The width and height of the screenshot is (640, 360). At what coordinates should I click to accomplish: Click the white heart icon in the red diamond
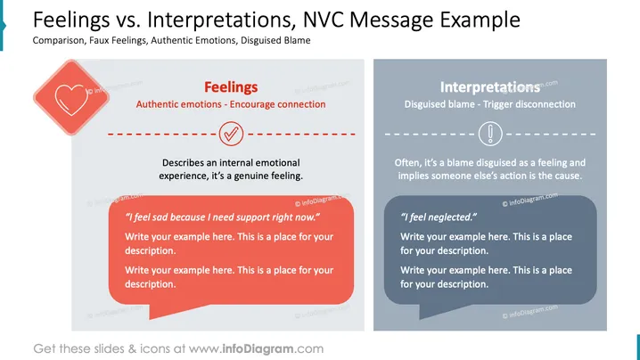(71, 100)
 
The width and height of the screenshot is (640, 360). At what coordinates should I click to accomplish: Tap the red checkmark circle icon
(231, 134)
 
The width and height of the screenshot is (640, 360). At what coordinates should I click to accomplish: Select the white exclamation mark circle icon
(490, 134)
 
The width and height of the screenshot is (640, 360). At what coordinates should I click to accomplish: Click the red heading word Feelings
(231, 87)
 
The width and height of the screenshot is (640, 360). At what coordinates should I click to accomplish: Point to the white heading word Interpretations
(489, 87)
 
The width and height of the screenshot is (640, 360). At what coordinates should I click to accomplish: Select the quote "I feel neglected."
(439, 217)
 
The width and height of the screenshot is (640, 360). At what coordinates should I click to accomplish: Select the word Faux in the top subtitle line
(99, 40)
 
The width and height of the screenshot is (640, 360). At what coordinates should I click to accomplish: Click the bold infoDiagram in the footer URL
(258, 349)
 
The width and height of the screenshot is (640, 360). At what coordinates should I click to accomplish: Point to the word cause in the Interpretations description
(570, 176)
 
